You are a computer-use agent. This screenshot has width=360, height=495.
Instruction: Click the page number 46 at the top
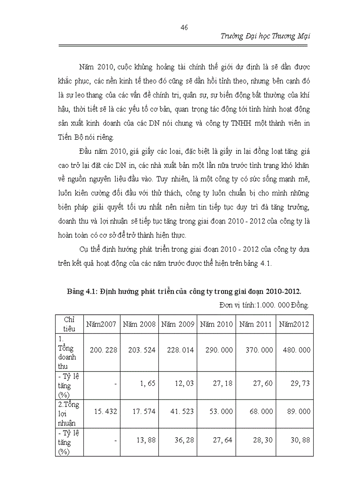click(x=184, y=27)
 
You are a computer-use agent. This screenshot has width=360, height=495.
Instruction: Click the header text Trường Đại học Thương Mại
click(x=265, y=36)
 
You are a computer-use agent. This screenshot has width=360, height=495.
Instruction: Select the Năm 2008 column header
click(x=139, y=324)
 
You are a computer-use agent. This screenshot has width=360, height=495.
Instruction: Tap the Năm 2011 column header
click(x=255, y=324)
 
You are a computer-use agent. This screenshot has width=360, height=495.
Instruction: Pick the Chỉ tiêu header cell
click(x=69, y=324)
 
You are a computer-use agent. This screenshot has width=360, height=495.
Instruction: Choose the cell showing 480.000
click(x=294, y=350)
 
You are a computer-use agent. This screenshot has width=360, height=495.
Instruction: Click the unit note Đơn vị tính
click(x=264, y=305)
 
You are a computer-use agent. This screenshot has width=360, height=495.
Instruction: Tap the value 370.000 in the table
click(x=255, y=350)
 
